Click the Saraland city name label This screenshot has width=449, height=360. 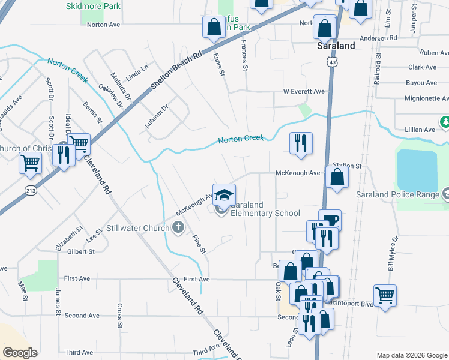click(336, 46)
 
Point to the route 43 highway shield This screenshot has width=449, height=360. click(332, 62)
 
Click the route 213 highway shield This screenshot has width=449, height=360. click(30, 190)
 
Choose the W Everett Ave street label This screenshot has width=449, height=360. click(304, 91)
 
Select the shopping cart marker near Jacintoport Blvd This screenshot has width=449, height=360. click(385, 295)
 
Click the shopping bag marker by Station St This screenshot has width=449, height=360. click(337, 177)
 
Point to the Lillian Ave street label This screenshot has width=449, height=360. click(420, 130)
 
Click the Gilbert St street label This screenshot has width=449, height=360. click(81, 251)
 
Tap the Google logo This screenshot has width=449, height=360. click(19, 353)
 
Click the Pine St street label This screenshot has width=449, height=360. click(198, 243)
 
